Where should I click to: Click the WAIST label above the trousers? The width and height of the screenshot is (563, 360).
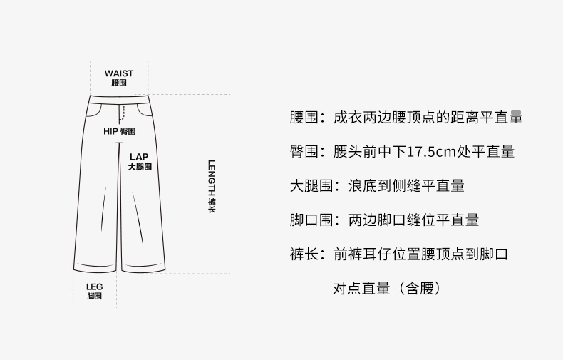(118, 73)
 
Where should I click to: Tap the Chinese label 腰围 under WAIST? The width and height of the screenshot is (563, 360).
(118, 83)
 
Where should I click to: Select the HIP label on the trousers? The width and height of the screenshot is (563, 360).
(110, 132)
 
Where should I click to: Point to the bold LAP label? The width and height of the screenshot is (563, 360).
(139, 156)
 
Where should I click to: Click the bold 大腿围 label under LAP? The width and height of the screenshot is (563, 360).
(140, 167)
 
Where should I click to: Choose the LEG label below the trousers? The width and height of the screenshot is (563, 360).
(94, 287)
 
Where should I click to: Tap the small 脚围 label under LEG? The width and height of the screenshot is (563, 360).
(94, 296)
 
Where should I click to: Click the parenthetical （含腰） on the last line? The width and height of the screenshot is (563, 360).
(422, 289)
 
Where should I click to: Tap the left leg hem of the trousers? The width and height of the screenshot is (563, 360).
(100, 270)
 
